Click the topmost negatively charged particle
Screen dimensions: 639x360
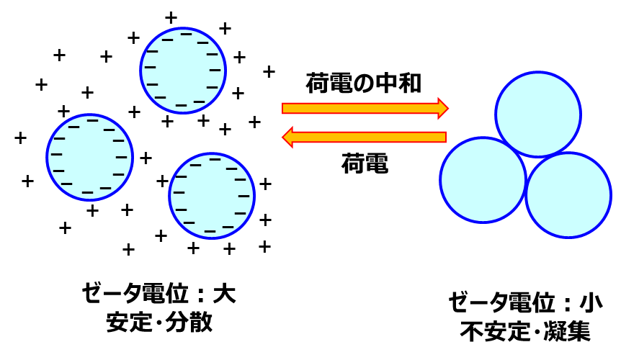click(x=183, y=71)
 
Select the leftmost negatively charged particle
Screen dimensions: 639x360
click(x=89, y=157)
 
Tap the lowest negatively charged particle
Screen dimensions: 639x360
click(x=212, y=196)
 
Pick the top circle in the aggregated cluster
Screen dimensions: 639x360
click(x=538, y=114)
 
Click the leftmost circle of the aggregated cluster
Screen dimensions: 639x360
click(x=483, y=180)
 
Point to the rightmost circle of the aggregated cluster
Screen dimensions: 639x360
click(x=568, y=195)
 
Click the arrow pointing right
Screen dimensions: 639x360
click(x=365, y=108)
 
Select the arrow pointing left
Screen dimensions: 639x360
click(x=365, y=138)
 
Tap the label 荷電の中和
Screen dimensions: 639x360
click(x=364, y=83)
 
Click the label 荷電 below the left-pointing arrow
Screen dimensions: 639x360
click(x=365, y=163)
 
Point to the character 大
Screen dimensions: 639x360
click(x=225, y=293)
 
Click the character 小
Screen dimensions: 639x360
click(x=591, y=302)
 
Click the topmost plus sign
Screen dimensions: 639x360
click(x=171, y=18)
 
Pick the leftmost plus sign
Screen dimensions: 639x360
click(x=20, y=138)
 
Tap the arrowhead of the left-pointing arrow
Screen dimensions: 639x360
click(x=287, y=138)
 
